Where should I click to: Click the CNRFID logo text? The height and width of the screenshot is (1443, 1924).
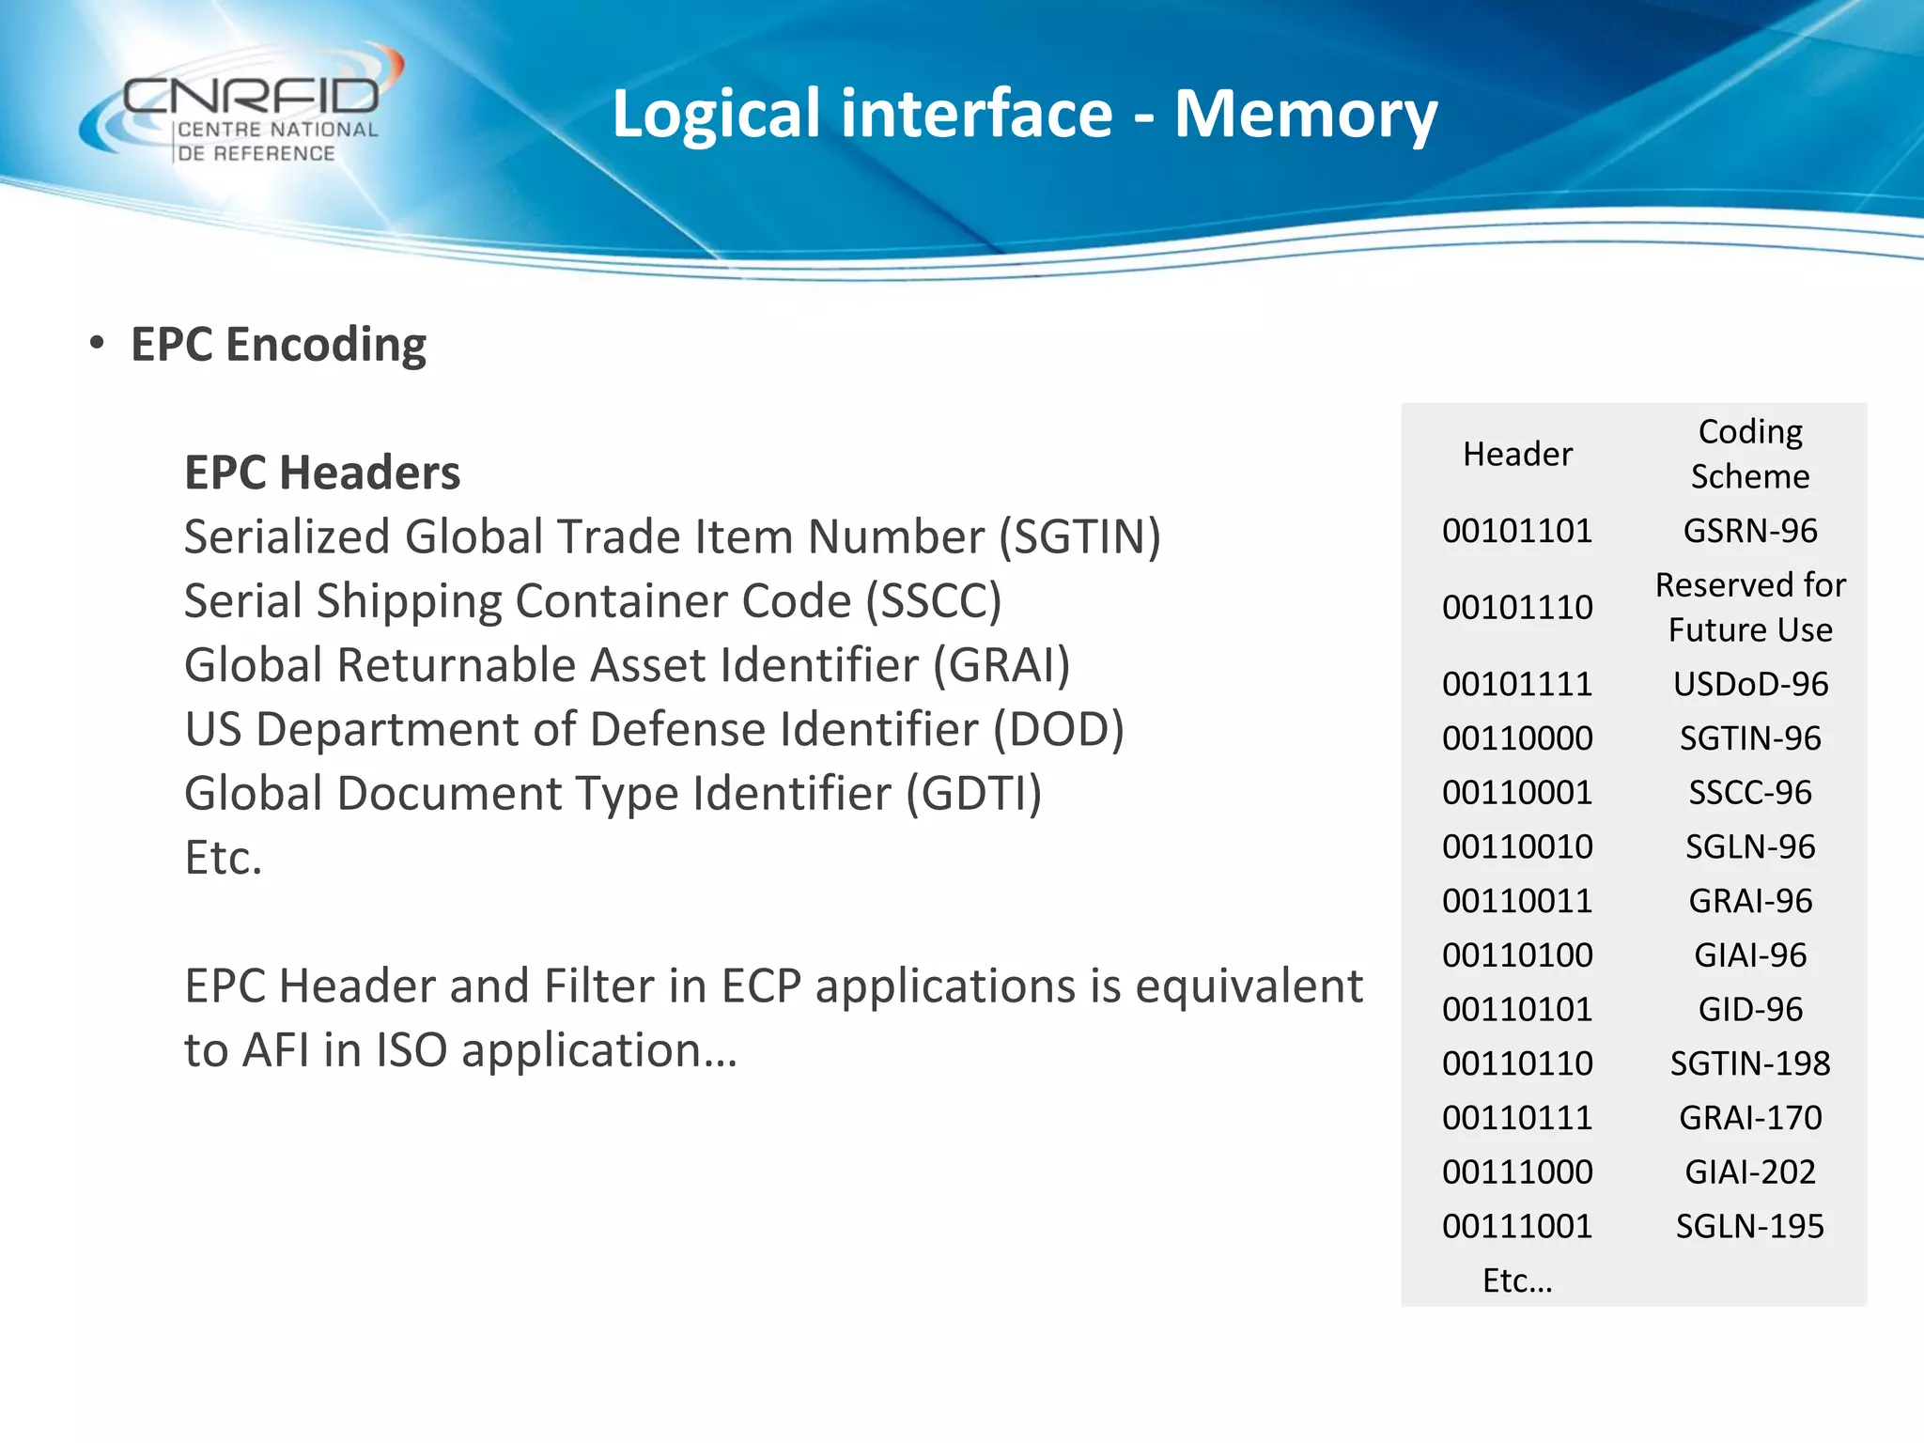[252, 96]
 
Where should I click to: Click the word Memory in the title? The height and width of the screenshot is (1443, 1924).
[1306, 114]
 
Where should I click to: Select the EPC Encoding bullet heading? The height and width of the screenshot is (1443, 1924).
[278, 345]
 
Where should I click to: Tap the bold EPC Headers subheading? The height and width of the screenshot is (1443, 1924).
[322, 473]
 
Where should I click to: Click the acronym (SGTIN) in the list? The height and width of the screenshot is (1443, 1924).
[1079, 537]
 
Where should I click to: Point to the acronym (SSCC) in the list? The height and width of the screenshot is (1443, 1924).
[934, 601]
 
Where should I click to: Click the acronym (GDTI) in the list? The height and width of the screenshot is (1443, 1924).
[974, 794]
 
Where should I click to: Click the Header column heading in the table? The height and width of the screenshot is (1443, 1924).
[1517, 455]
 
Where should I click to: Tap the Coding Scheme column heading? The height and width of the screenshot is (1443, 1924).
[1750, 454]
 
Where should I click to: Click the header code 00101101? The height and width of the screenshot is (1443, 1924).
[1517, 532]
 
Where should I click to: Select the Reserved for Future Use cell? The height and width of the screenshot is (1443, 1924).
[1750, 607]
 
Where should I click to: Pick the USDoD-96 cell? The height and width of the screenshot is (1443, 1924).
[1750, 684]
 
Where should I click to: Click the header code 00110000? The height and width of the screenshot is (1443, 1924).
[1517, 738]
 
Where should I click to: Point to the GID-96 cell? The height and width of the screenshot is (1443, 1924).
[1750, 1010]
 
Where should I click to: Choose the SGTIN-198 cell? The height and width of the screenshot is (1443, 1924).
[1750, 1063]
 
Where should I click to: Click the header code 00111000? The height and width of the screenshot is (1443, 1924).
[1517, 1172]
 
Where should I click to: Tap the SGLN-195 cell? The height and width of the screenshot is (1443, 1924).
[1750, 1226]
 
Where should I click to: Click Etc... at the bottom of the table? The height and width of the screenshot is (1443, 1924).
[1517, 1280]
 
